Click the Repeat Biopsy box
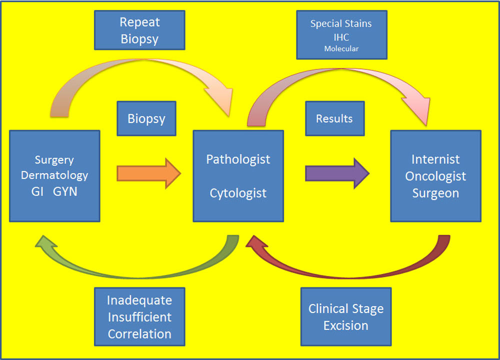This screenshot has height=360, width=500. coord(139,30)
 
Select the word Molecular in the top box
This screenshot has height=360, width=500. coord(341,49)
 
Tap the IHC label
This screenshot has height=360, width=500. coord(341,37)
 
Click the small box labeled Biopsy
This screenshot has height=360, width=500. coord(146,118)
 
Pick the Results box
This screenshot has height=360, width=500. coord(335,118)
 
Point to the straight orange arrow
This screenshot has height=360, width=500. coord(149,173)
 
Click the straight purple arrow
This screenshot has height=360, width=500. coord(337,173)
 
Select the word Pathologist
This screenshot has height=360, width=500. coord(238,159)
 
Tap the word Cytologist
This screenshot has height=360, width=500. coord(238,193)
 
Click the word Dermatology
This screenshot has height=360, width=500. coord(54,175)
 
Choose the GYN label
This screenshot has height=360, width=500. coord(65,191)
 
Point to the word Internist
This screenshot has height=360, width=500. coord(435,159)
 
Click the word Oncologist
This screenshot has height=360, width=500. coord(435,176)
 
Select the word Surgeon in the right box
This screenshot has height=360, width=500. coord(435,193)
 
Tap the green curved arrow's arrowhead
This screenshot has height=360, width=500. coord(45,243)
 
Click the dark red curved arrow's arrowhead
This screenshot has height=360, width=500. coord(256,243)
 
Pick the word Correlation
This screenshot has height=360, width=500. coord(139,334)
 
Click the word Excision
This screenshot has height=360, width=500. coord(346,326)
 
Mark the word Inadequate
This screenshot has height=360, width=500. coord(139,300)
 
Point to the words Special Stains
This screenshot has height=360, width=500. coord(341,23)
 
